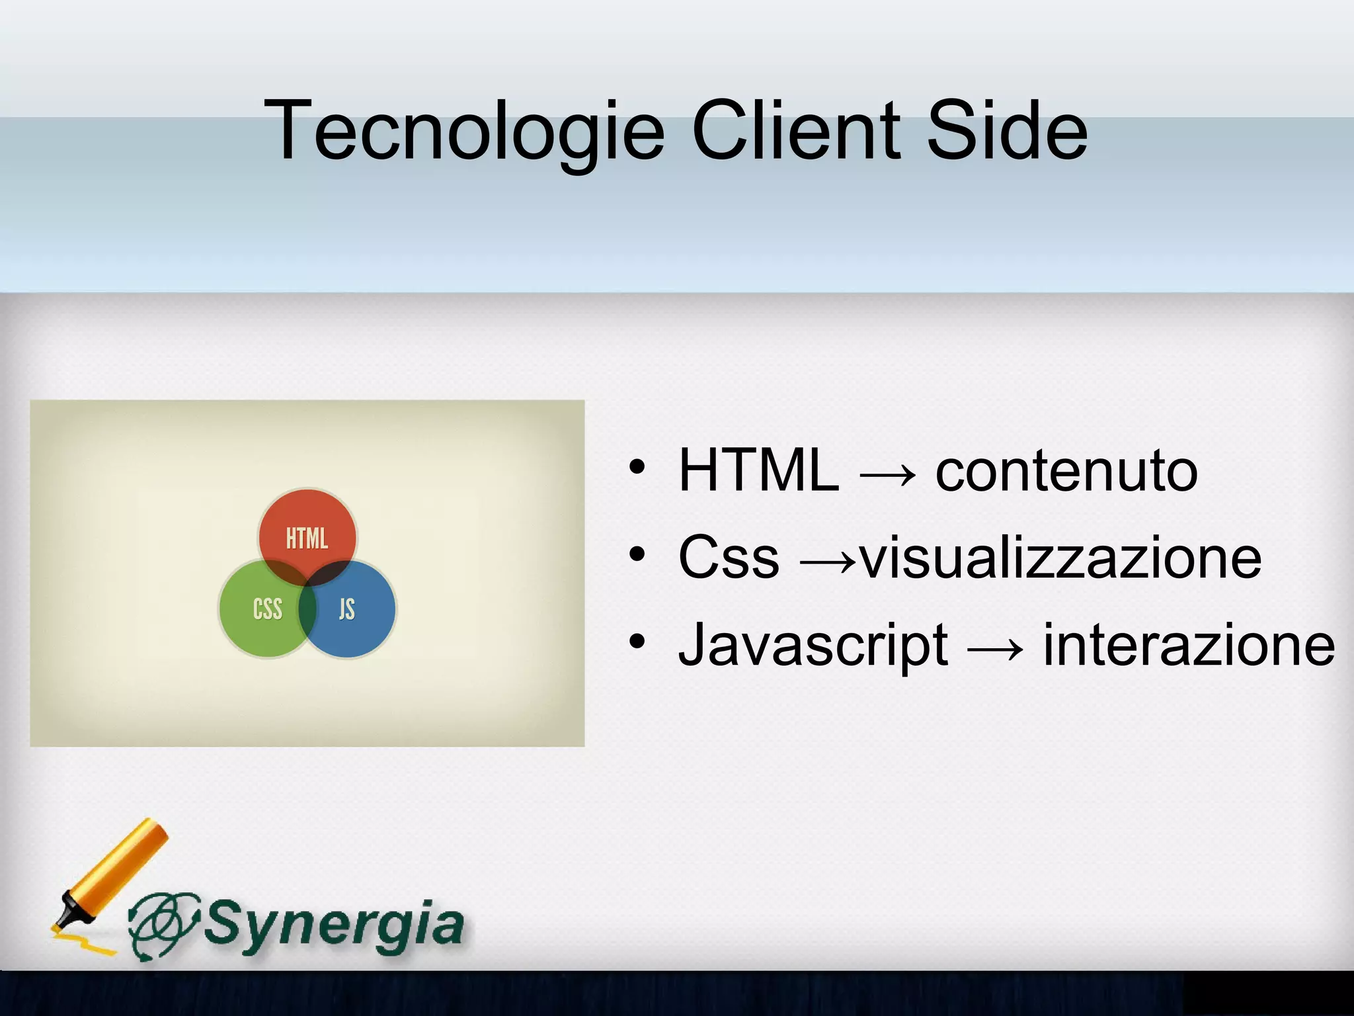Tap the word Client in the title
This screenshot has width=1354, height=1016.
coord(795,130)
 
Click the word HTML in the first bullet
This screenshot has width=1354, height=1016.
coord(758,470)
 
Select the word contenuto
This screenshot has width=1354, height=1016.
coord(1066,470)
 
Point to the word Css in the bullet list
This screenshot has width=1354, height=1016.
coord(729,558)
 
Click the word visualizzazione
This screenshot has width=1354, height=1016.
coord(1060,558)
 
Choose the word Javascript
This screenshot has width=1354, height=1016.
coord(813,645)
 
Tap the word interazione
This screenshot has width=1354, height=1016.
coord(1188,645)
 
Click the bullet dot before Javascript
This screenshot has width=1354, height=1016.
coord(637,641)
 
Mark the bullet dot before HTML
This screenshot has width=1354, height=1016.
coord(637,466)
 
